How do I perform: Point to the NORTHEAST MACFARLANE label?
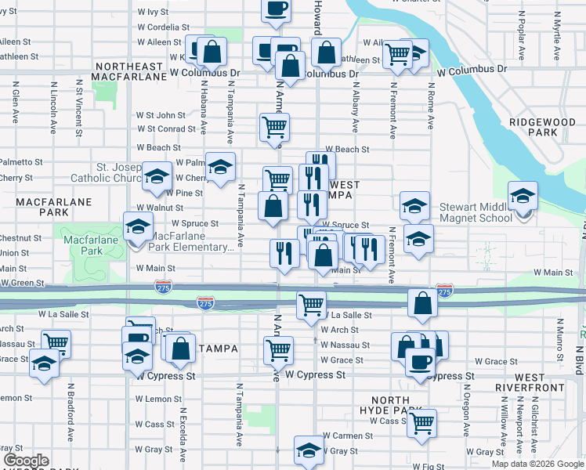point(129,71)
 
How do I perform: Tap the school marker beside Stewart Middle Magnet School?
point(523,198)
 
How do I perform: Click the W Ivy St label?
point(153,12)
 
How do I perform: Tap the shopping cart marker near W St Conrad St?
point(274,126)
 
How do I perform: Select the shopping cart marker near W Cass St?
point(421,423)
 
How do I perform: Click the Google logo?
point(26,461)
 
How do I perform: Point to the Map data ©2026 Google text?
point(537,464)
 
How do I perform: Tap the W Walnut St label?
point(160,208)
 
